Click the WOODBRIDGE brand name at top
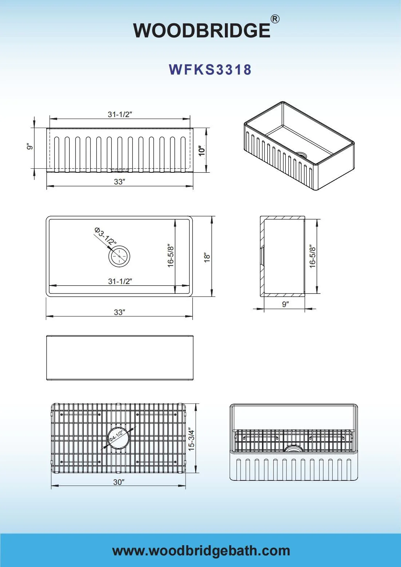click(201, 30)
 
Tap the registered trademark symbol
click(275, 19)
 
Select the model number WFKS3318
click(210, 69)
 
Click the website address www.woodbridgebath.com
click(201, 551)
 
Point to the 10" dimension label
click(202, 150)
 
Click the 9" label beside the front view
click(30, 146)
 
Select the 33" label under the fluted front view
click(119, 181)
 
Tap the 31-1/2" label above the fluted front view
click(119, 114)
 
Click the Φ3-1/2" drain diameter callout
click(105, 236)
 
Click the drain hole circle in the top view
click(119, 256)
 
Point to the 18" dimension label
click(207, 257)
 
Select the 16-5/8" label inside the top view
click(171, 256)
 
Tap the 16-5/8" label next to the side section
click(313, 256)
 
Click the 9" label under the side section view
click(285, 304)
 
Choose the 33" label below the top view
click(119, 312)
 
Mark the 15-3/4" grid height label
click(192, 439)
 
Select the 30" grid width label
click(119, 482)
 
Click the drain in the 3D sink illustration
click(301, 154)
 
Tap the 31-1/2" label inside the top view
click(120, 281)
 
